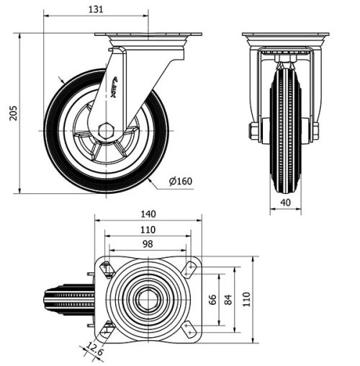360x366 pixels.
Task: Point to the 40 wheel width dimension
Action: click(285, 203)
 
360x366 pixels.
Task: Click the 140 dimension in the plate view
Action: click(148, 214)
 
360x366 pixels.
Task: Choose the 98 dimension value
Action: click(148, 244)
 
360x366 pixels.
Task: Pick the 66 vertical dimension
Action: click(212, 299)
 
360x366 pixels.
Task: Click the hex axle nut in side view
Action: click(106, 131)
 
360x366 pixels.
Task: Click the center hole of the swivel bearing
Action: click(148, 298)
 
